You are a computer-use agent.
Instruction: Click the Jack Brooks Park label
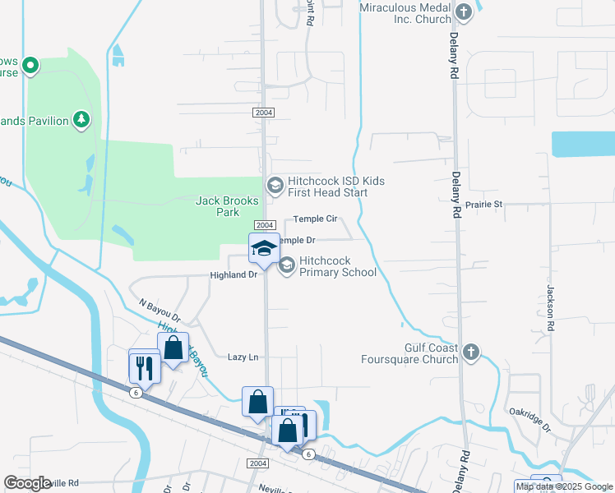(x=227, y=206)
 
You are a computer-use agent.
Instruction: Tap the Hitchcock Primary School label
(x=337, y=266)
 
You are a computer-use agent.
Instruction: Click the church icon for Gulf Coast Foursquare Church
(x=469, y=352)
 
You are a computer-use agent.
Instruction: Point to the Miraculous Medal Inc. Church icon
(x=464, y=12)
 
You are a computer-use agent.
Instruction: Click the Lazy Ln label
(x=243, y=357)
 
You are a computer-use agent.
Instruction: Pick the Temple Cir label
(x=317, y=219)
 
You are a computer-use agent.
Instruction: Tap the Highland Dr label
(x=234, y=275)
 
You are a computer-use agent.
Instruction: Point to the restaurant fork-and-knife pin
(x=144, y=366)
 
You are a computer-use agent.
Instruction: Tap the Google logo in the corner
(x=28, y=483)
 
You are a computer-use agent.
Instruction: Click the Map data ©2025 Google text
(x=565, y=486)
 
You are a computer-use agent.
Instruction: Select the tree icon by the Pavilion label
(x=81, y=121)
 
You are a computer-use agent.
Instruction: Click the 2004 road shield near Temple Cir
(x=264, y=225)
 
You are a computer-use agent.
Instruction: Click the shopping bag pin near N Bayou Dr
(x=173, y=348)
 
